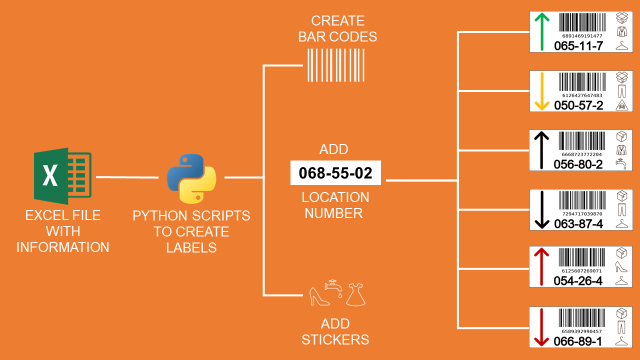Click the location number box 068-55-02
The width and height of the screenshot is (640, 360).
coord(335,172)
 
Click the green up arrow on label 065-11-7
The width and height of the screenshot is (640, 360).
coord(541,33)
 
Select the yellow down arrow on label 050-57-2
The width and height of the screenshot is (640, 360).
coord(541,93)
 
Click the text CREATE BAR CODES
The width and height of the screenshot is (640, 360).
coord(337,27)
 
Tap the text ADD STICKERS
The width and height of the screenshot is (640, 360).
coord(337,332)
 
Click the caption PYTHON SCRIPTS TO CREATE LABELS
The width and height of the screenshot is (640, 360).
coord(192,232)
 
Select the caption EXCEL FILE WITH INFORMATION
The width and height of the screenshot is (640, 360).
coord(63,232)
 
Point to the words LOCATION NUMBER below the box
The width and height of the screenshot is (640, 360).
coord(335,205)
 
